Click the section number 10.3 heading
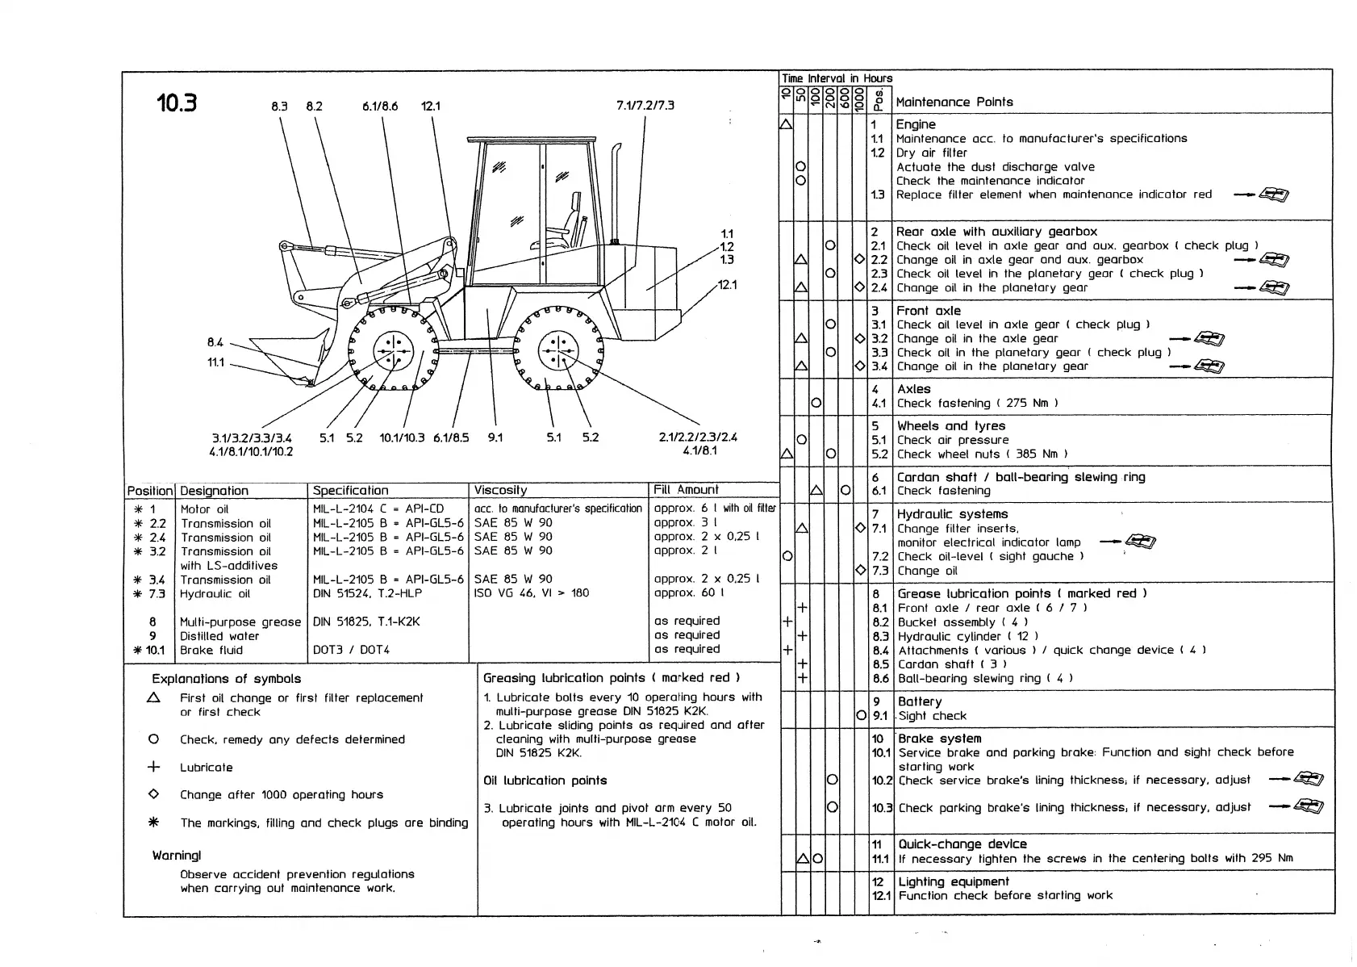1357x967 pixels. coord(177,103)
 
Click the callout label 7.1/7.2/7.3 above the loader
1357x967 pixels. coord(645,106)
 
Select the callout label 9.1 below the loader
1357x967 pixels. coord(495,437)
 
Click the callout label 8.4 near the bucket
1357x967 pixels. coord(215,343)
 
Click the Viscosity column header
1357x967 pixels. coord(500,490)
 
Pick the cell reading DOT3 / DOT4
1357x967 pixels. coord(351,650)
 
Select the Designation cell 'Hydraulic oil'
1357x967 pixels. coord(215,593)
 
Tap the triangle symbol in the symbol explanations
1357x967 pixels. coord(154,697)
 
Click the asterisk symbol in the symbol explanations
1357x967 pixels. coord(154,823)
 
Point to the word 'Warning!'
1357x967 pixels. coord(177,855)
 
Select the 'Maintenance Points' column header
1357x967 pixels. coord(954,102)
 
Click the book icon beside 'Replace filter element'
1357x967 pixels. coord(1274,195)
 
